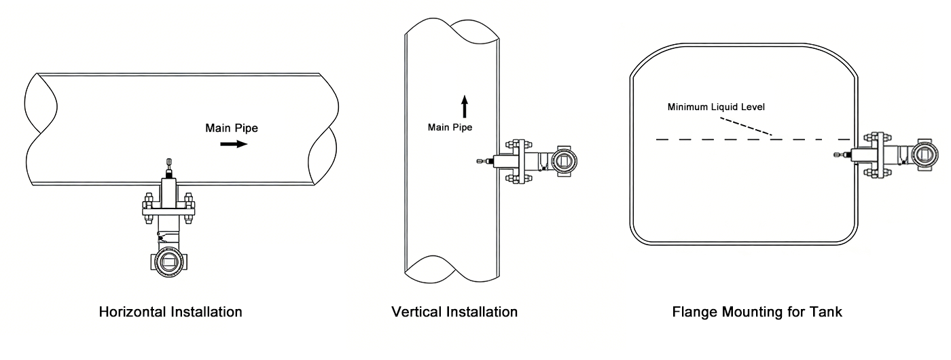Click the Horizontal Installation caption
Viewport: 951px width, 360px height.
click(171, 312)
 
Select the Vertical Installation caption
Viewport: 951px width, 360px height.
click(454, 312)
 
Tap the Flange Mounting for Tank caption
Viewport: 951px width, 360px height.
click(757, 312)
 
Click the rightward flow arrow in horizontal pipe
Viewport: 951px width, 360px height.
click(233, 144)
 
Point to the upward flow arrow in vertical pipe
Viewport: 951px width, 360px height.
click(465, 107)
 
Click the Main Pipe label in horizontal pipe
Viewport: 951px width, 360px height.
click(232, 127)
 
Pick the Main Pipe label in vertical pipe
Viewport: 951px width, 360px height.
click(450, 127)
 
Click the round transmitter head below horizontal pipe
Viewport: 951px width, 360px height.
click(168, 262)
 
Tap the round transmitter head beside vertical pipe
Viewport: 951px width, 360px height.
click(564, 160)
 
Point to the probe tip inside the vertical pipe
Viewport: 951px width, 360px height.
click(481, 161)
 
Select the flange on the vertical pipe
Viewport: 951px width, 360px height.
click(516, 161)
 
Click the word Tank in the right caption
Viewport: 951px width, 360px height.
click(827, 312)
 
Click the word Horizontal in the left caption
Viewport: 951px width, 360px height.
click(130, 312)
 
